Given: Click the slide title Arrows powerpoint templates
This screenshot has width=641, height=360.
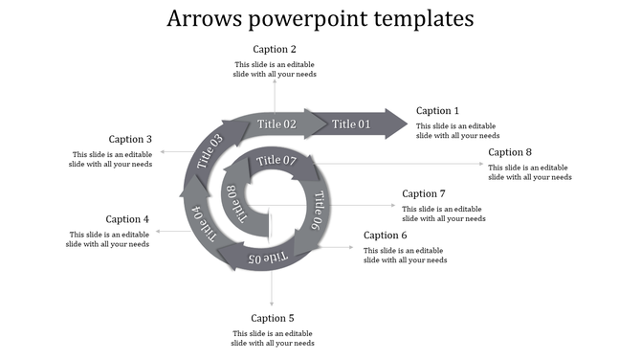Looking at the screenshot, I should pyautogui.click(x=320, y=18).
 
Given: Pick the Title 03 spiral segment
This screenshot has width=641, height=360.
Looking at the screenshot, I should pyautogui.click(x=210, y=152).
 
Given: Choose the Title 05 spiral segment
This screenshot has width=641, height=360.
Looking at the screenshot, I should pyautogui.click(x=267, y=257).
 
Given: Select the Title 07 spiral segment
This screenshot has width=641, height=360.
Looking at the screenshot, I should pyautogui.click(x=277, y=161).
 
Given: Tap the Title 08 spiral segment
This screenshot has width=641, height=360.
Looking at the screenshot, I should pyautogui.click(x=234, y=204).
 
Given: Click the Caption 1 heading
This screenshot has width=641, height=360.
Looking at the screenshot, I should pyautogui.click(x=438, y=111).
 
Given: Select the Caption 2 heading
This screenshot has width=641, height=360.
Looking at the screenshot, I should pyautogui.click(x=275, y=49).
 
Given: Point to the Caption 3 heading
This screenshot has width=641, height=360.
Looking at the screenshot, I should pyautogui.click(x=130, y=139).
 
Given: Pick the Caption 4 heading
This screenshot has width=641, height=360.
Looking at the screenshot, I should pyautogui.click(x=127, y=219).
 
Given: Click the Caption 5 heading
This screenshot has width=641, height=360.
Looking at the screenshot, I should pyautogui.click(x=273, y=318).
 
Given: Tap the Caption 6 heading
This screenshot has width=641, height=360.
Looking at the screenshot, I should pyautogui.click(x=386, y=236).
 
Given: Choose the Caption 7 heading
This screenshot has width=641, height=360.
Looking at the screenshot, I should pyautogui.click(x=424, y=193).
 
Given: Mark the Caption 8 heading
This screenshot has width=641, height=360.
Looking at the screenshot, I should pyautogui.click(x=510, y=152).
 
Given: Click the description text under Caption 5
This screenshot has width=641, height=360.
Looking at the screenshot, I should pyautogui.click(x=273, y=338).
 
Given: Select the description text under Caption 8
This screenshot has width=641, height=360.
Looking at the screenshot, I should pyautogui.click(x=530, y=172).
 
